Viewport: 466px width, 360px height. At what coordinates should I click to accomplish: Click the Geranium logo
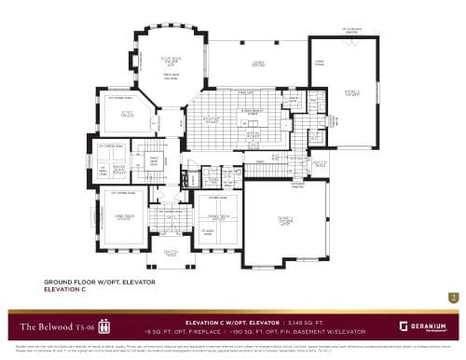tap(424, 325)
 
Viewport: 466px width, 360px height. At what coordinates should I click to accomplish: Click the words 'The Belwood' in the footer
tap(44, 325)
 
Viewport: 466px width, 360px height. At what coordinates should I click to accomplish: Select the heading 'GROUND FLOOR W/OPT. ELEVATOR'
tap(100, 282)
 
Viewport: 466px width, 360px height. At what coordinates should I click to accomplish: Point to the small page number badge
tap(453, 298)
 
